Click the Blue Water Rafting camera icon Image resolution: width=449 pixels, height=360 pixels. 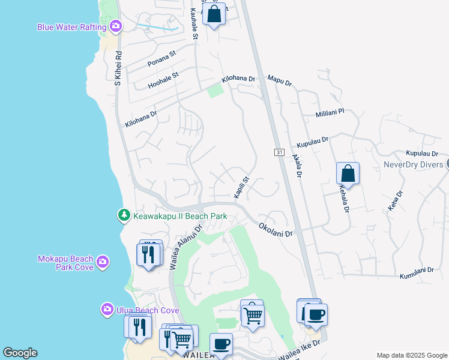click(116, 26)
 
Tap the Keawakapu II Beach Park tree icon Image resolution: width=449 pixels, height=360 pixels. click(124, 215)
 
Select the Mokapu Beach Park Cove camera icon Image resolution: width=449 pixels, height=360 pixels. click(103, 261)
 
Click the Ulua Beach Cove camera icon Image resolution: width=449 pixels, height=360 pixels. click(107, 309)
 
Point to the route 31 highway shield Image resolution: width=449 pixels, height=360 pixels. click(279, 152)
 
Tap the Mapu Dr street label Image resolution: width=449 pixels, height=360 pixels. click(279, 79)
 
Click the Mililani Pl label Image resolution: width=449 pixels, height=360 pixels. click(330, 113)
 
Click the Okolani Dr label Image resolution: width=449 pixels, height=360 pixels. click(276, 230)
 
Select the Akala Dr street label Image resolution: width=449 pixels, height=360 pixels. click(297, 164)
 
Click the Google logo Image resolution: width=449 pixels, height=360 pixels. click(20, 353)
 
